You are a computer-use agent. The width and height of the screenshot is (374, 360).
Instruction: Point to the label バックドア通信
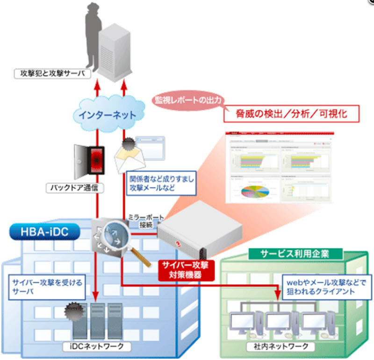pyautogui.click(x=76, y=189)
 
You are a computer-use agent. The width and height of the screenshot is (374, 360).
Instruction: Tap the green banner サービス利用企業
pyautogui.click(x=295, y=253)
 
